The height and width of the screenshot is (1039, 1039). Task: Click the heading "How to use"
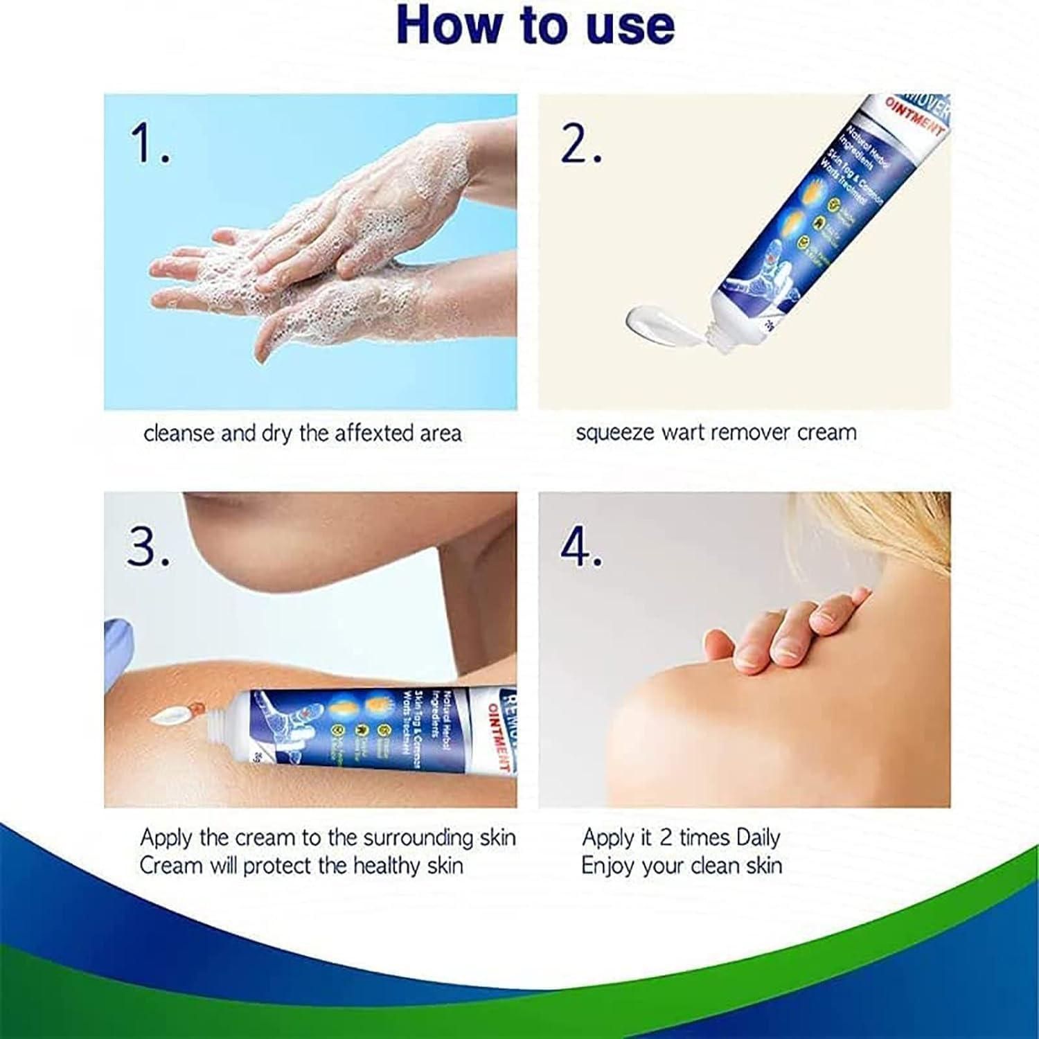pyautogui.click(x=535, y=26)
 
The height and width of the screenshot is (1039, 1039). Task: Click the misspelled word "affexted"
pyautogui.click(x=374, y=434)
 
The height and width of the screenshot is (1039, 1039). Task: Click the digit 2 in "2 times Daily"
pyautogui.click(x=665, y=838)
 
